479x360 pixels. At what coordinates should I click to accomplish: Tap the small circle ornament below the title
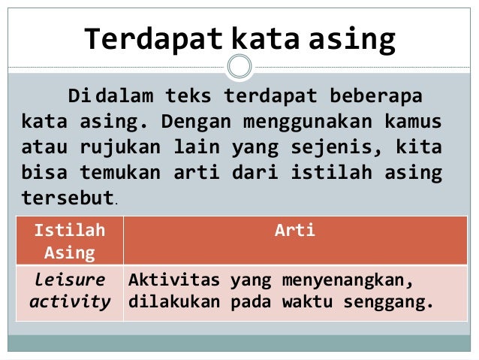pos(239,67)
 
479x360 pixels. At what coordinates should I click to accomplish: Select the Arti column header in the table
pos(294,231)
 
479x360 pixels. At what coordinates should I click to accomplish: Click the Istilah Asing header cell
pos(69,241)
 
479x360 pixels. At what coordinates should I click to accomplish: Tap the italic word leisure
pos(69,280)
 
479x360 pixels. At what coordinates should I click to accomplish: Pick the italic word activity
pos(69,302)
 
